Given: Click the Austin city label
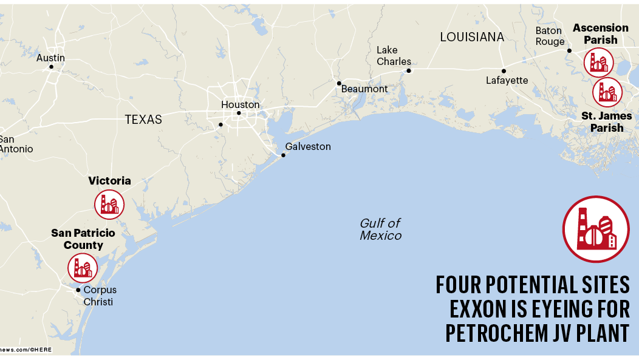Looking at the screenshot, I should point(50,58).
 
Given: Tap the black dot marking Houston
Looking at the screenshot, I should point(239,113).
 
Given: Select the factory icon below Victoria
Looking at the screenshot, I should point(109,205).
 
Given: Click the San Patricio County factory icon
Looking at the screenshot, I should point(82,268).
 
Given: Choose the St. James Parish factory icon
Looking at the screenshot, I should point(607,92).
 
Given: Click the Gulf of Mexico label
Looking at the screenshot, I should point(380,229).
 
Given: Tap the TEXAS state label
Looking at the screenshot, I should point(143,120).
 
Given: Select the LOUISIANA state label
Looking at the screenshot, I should point(472,37).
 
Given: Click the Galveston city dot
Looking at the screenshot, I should point(283,155).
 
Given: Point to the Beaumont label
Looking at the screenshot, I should point(364,89).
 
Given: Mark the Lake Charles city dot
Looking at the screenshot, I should point(409,70).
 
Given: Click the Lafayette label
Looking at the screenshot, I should point(507,81).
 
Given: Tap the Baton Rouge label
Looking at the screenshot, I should point(550,36).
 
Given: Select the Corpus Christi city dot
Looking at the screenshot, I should point(78,290).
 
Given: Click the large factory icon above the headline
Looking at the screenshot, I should point(595,229).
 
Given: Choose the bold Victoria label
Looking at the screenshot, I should point(109,181).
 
